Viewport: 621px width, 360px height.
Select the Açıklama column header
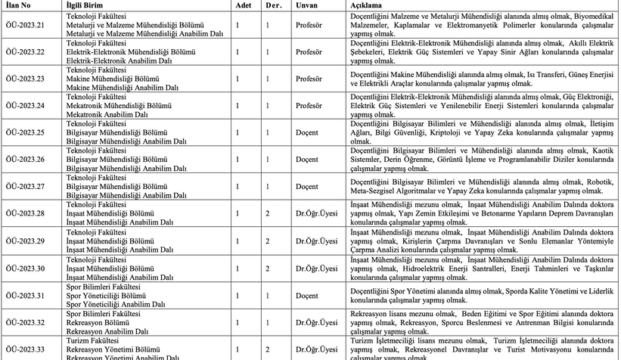[x=365, y=5]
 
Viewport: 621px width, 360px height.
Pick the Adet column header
[x=243, y=5]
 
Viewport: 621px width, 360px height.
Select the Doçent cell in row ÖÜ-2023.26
[x=307, y=160]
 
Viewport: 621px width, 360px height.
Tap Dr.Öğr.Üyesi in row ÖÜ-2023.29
[x=316, y=241]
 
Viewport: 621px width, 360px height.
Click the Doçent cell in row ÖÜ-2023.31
[x=307, y=295]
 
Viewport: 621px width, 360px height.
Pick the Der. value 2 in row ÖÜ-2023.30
[x=268, y=268]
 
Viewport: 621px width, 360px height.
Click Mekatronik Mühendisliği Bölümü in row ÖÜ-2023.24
[x=114, y=105]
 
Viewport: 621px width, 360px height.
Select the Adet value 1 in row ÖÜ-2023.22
[x=238, y=51]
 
